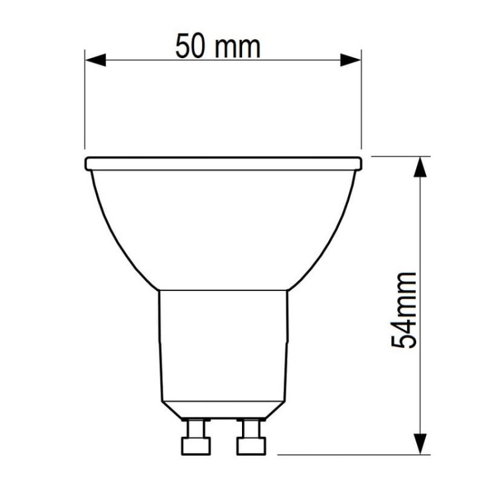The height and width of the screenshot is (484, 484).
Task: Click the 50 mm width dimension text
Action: click(218, 46)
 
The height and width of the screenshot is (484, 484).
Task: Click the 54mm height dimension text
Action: click(405, 310)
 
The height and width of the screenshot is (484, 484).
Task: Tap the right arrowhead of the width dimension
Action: click(351, 60)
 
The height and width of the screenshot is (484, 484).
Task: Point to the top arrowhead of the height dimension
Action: click(421, 166)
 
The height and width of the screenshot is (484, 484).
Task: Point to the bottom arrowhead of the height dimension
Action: click(421, 444)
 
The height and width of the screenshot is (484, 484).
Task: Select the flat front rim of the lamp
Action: click(223, 163)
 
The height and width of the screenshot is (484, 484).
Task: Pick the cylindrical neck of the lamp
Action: click(223, 342)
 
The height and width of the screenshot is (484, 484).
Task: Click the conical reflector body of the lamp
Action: click(223, 226)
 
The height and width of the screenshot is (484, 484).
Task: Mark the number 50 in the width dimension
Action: click(191, 46)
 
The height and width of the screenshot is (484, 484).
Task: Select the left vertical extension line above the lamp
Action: click(85, 103)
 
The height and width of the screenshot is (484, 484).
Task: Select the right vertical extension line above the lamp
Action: click(361, 103)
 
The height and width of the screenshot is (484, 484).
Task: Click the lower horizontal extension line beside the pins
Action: click(348, 454)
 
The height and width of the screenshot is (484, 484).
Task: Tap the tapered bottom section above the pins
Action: click(223, 408)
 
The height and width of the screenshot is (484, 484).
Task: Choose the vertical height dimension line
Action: click(421, 226)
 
